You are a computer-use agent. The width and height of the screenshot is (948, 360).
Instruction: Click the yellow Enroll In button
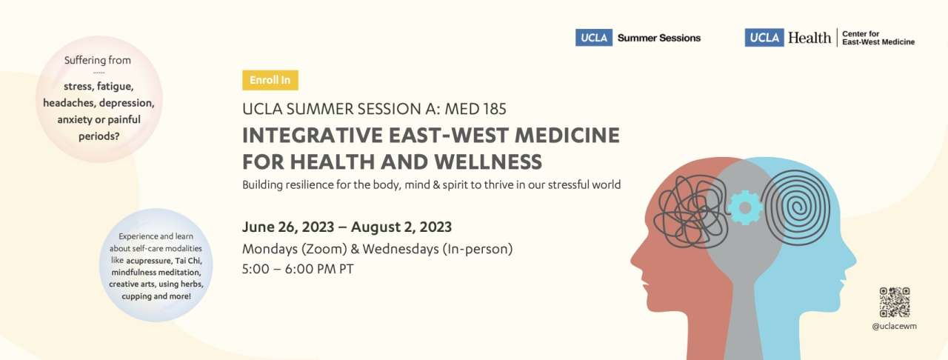point(270,80)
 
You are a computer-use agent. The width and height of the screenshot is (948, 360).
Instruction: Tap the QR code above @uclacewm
point(894,302)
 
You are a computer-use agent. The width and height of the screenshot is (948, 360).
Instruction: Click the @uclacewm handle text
point(894,326)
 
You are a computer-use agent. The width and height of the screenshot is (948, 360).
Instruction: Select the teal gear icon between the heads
point(745,207)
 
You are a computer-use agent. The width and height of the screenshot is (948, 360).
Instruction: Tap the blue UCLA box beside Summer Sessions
point(594,38)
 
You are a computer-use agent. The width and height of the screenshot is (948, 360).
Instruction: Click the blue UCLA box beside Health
point(764,38)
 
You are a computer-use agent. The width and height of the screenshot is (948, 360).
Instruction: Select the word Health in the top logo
point(810,38)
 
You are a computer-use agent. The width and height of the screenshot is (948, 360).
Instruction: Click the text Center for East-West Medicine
point(878,38)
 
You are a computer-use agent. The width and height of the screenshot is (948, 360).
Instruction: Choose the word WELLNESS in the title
point(488,161)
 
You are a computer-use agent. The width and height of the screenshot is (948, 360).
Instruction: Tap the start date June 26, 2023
point(288,227)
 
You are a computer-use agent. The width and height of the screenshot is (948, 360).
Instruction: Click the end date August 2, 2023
point(401,227)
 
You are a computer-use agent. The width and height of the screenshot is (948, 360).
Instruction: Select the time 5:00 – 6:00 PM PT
point(298,269)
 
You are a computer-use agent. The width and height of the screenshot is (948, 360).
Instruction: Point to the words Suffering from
point(97,60)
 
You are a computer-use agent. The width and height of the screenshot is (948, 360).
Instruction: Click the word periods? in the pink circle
point(99,136)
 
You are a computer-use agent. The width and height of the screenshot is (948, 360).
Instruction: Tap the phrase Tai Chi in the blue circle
point(188,261)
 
